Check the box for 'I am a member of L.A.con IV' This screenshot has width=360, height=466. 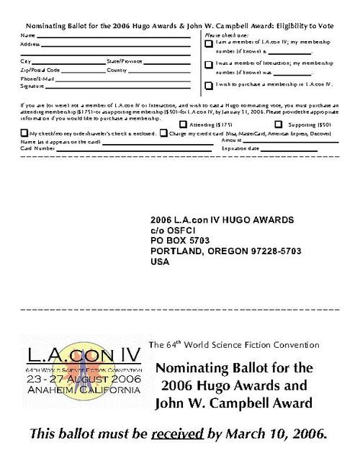[209, 45]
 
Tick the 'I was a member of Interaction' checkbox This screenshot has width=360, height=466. [209, 65]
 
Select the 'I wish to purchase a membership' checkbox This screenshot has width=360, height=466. [209, 85]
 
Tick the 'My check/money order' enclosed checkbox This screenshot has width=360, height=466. [24, 133]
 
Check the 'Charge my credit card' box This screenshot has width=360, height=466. [163, 133]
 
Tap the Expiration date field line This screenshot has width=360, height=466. [288, 150]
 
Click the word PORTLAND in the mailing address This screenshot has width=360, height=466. [176, 252]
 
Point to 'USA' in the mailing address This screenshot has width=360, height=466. [159, 262]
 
